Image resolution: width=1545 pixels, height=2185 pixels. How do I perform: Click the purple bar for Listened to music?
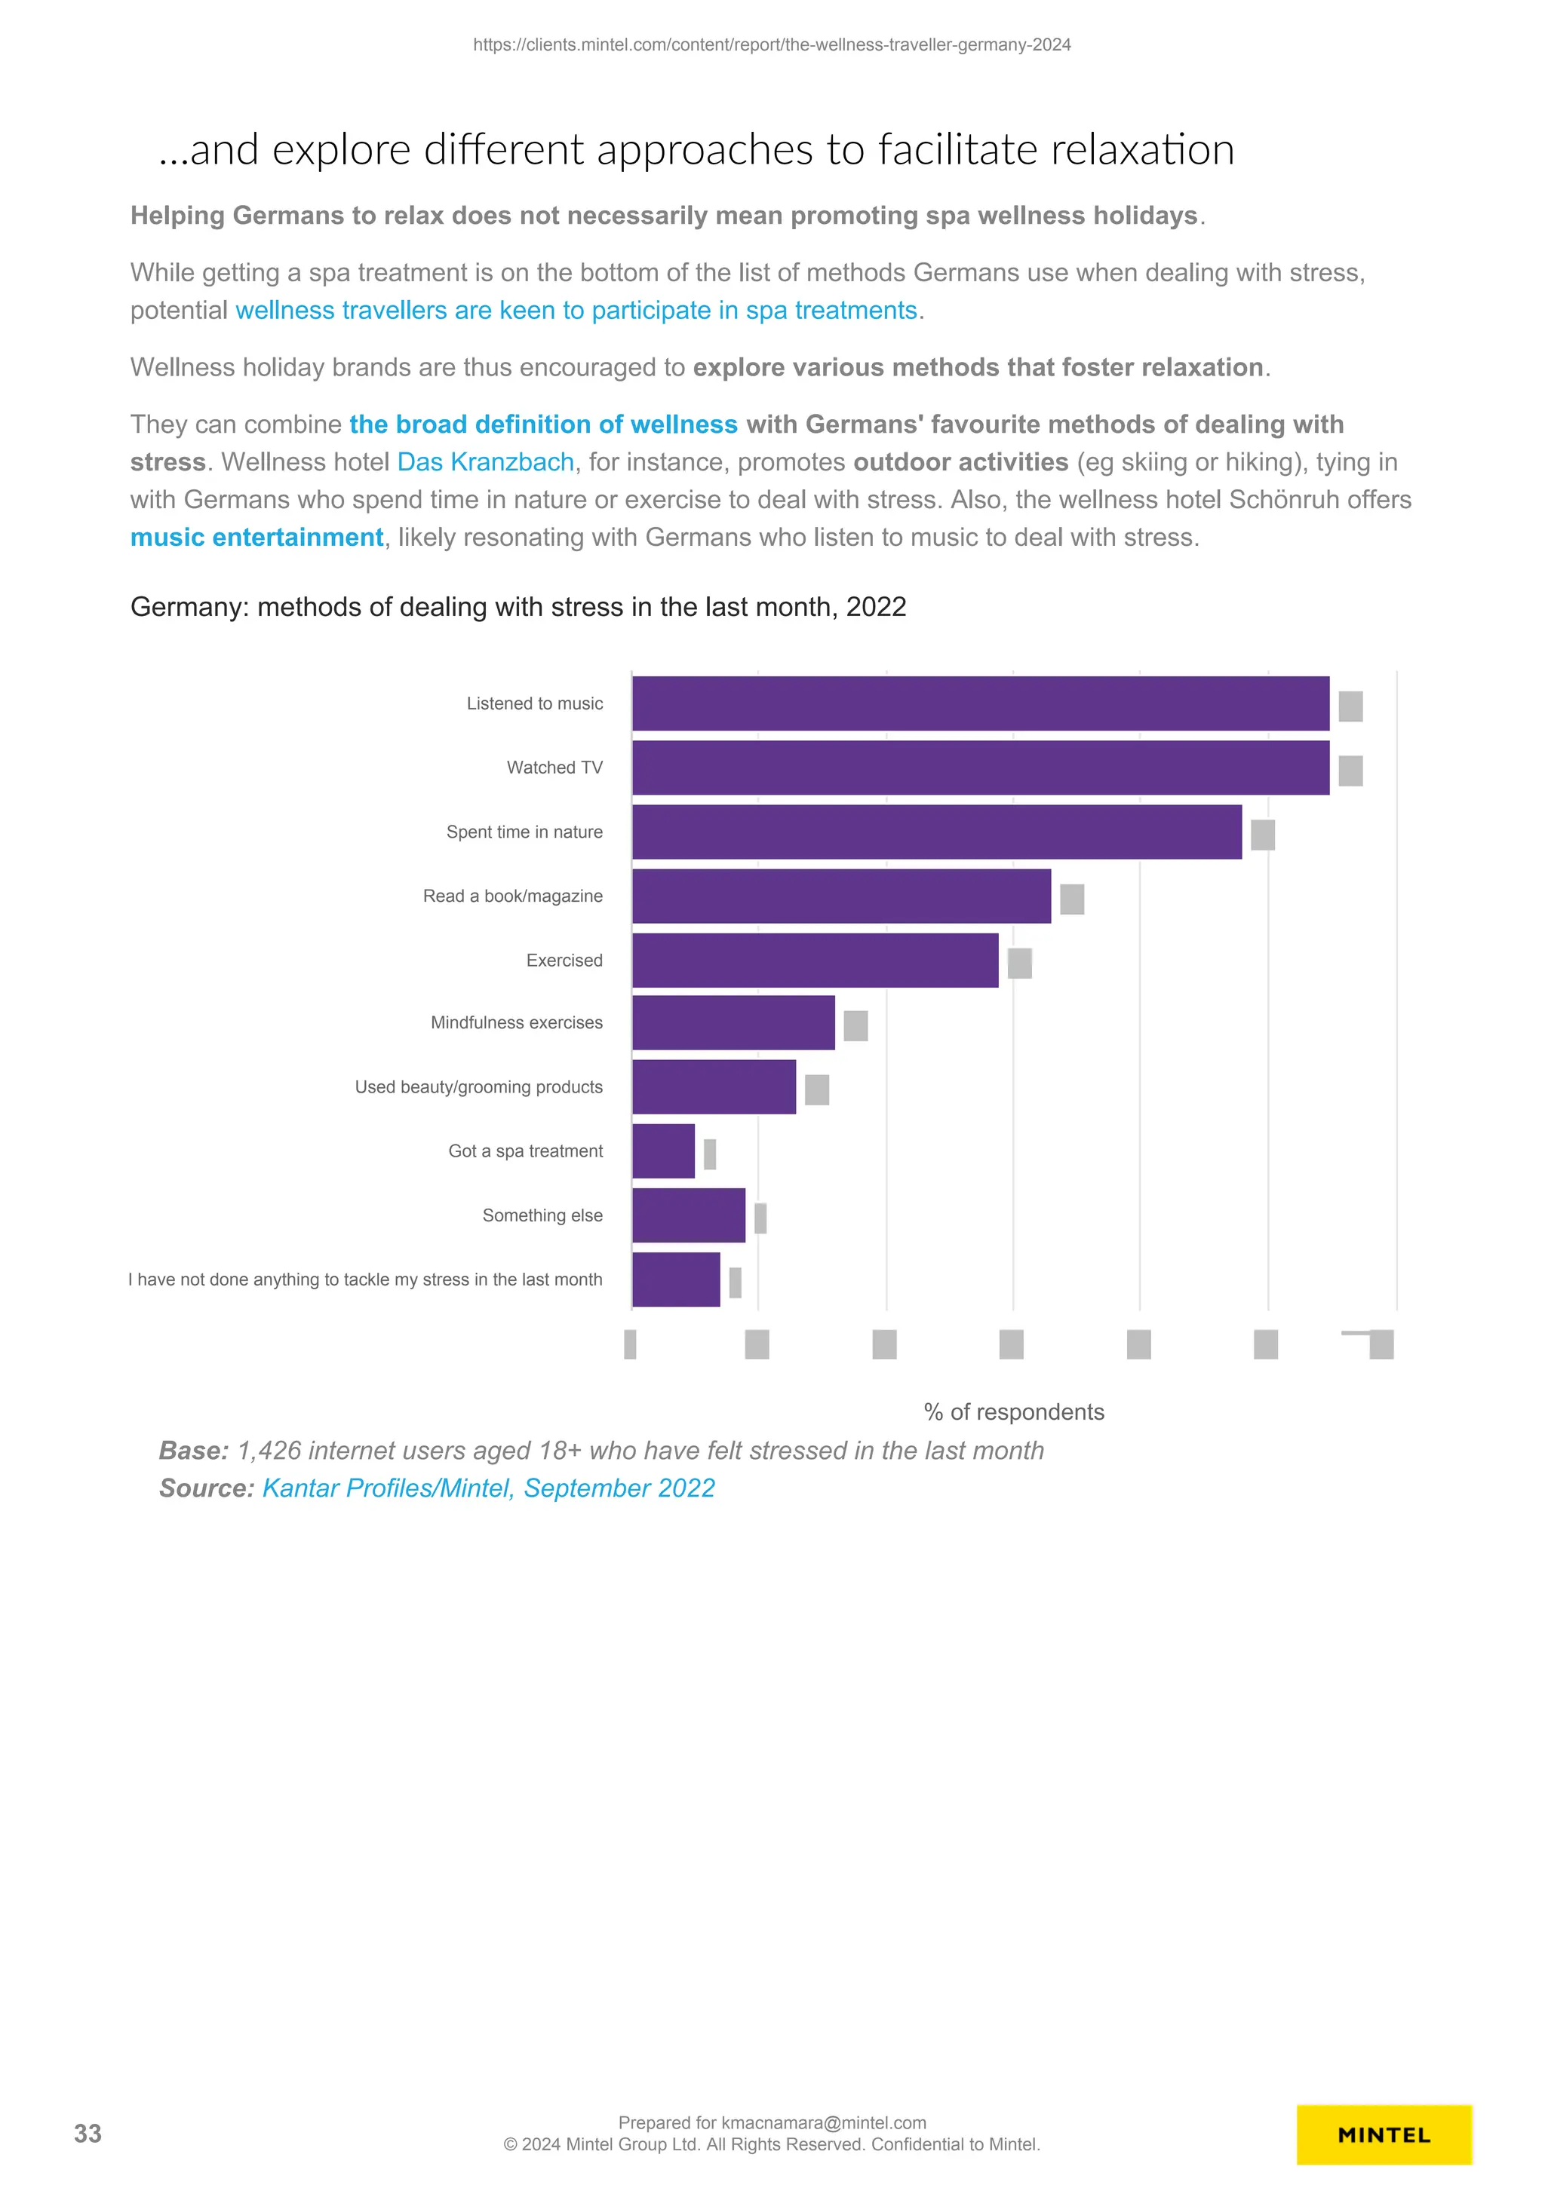point(981,703)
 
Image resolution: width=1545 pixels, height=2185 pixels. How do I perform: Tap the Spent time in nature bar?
point(937,832)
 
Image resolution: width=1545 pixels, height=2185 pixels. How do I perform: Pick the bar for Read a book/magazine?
point(841,896)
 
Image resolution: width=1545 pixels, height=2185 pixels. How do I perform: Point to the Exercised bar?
point(815,961)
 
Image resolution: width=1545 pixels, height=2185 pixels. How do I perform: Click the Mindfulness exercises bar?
point(733,1023)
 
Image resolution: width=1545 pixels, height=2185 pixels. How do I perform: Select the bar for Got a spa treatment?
point(664,1151)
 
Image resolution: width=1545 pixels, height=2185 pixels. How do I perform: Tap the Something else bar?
point(688,1215)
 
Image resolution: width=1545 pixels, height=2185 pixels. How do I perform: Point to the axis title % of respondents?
point(1014,1411)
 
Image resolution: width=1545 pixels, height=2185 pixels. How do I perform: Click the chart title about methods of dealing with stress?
point(518,607)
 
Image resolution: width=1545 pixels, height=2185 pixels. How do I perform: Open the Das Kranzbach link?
point(486,462)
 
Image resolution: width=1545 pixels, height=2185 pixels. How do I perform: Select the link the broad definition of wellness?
point(544,424)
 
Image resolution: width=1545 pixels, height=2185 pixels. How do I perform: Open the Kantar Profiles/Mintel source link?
point(488,1488)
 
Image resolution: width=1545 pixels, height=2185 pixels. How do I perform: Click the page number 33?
point(88,2134)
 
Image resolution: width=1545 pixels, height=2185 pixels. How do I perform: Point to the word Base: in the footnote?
point(194,1451)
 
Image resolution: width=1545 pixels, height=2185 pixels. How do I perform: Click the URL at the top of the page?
point(772,44)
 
